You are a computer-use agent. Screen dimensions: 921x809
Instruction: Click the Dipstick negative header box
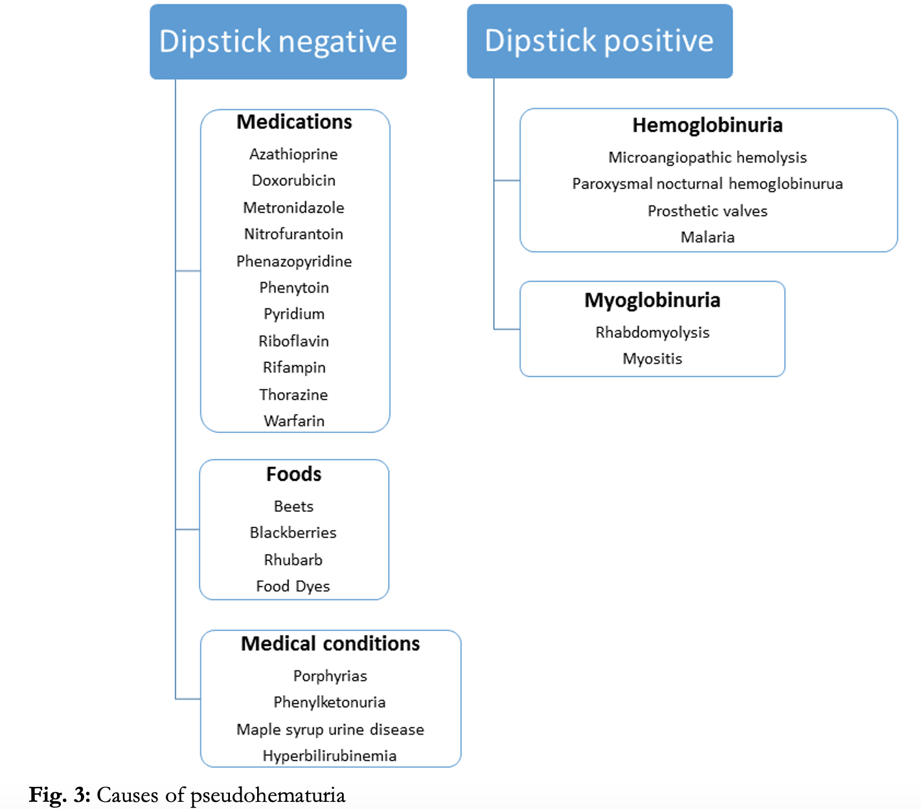278,42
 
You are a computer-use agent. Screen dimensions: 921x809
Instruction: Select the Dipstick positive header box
599,41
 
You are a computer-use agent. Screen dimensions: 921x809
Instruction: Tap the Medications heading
294,122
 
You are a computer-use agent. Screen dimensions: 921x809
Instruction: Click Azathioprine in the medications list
293,155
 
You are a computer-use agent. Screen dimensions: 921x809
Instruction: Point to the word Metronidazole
293,208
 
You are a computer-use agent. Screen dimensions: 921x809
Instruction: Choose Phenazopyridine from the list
294,261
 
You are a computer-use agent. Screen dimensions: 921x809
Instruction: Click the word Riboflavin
293,341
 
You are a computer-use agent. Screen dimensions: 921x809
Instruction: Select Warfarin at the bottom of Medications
294,421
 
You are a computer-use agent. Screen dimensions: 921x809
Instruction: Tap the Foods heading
293,474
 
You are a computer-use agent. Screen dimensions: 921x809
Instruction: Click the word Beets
293,507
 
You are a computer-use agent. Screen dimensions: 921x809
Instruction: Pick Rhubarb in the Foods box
293,560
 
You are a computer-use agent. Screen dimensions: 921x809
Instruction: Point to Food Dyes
293,586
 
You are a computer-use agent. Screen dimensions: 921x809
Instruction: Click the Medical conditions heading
330,644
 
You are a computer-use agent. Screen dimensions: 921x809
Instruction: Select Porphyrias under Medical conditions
330,676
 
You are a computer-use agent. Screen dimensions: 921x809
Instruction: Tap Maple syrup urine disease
330,729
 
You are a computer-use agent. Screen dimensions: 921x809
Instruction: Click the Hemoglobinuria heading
707,126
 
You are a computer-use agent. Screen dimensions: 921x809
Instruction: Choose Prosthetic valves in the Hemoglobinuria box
707,211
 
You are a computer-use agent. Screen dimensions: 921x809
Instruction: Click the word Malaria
707,237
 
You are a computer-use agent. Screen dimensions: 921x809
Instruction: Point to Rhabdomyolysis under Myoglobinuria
652,333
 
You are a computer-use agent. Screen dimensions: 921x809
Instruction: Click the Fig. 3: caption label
60,795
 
